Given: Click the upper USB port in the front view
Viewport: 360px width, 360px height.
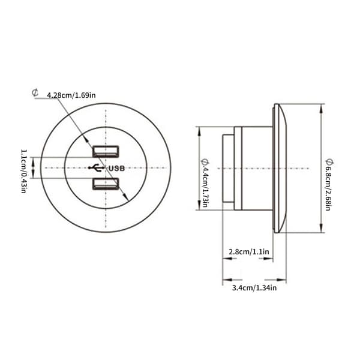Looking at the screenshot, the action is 106,151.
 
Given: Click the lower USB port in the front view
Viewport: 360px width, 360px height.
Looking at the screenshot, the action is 106,184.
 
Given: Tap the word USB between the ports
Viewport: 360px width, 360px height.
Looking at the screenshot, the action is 116,169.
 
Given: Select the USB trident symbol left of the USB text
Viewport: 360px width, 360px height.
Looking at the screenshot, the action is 97,168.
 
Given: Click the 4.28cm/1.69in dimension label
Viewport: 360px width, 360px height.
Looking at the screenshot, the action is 71,95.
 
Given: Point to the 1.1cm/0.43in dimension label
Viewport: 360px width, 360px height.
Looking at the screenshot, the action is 24,171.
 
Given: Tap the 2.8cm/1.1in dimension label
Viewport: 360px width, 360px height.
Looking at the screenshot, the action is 249,252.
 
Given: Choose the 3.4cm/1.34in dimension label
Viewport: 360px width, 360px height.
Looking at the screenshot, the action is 254,287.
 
